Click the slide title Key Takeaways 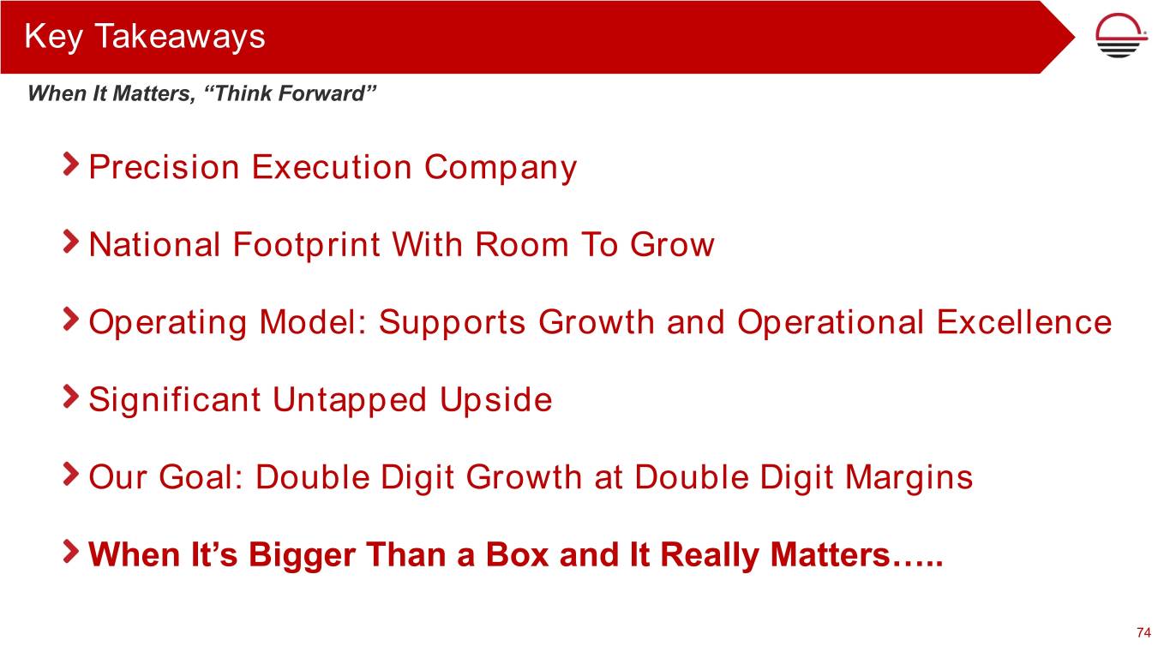click(x=145, y=37)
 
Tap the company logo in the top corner click(x=1120, y=35)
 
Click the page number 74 click(x=1143, y=632)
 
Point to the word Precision click(x=164, y=167)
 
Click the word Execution click(x=332, y=167)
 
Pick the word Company click(x=501, y=169)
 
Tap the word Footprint click(x=306, y=245)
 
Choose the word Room click(x=522, y=244)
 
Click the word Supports click(x=453, y=323)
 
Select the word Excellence click(x=1023, y=321)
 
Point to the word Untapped click(x=350, y=401)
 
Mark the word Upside click(x=495, y=401)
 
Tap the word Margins click(x=909, y=478)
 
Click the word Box click(x=517, y=554)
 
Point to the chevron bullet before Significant click(x=70, y=397)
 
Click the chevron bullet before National click(x=70, y=242)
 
